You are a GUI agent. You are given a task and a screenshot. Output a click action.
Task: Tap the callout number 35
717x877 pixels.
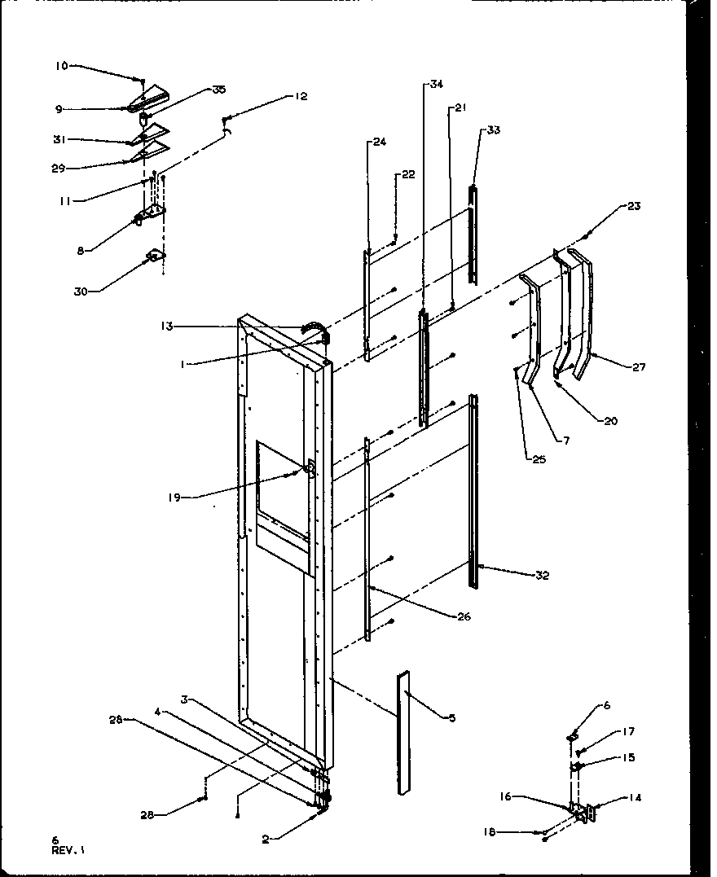[196, 90]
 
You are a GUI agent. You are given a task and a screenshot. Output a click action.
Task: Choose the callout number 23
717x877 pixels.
[634, 206]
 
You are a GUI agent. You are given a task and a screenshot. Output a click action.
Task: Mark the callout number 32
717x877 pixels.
[542, 576]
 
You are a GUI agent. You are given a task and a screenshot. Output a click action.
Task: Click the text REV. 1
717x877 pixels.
[68, 849]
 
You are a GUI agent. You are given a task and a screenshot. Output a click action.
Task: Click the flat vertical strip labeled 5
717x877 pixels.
[403, 733]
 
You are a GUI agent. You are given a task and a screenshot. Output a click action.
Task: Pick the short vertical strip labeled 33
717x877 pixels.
[472, 235]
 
